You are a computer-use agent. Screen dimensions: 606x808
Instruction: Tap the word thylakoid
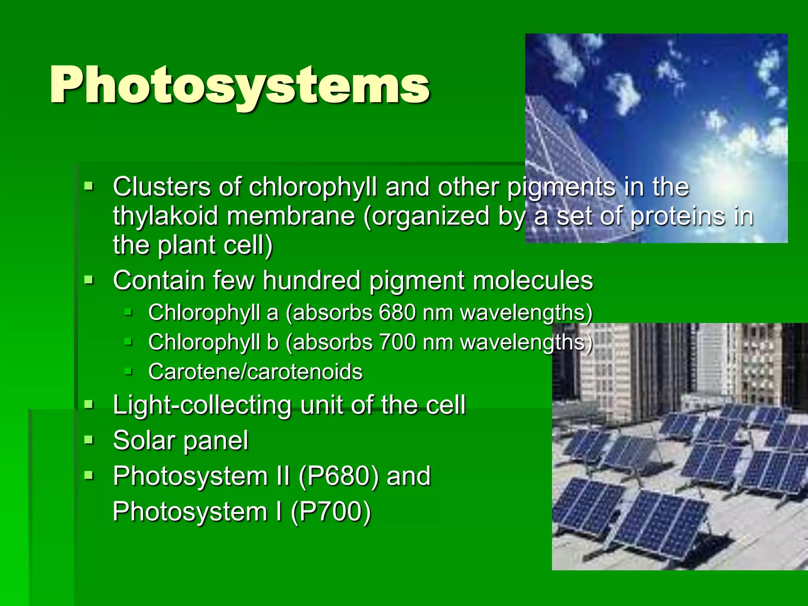165,217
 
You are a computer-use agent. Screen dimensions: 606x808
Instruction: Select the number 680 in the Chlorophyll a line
397,312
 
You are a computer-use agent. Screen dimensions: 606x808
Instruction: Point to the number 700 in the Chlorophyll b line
397,342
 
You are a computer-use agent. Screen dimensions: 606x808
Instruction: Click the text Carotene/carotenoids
255,372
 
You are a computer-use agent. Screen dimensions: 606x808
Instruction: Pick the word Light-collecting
202,405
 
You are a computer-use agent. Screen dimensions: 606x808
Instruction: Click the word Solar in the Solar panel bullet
143,440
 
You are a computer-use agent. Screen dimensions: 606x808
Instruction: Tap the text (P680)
339,476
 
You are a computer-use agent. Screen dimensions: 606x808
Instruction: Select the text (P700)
331,512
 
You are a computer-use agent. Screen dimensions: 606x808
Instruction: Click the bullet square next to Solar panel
89,440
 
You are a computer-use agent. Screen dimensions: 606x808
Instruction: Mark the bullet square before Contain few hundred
89,280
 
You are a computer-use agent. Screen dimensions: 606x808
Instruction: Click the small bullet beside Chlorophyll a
129,312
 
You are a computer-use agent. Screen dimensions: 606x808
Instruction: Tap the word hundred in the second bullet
312,281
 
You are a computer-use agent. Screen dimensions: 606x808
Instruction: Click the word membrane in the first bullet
291,217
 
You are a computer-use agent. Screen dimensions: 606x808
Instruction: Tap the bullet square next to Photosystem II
89,475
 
